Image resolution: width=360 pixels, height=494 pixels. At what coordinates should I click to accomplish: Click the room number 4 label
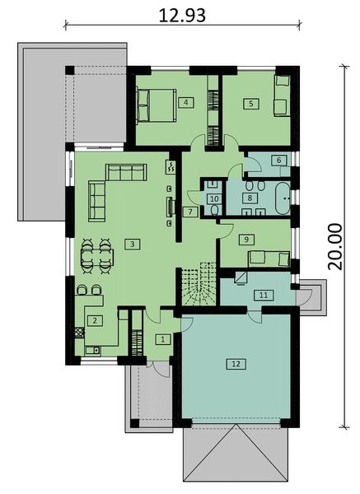click(187, 102)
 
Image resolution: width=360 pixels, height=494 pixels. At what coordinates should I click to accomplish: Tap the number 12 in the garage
click(235, 363)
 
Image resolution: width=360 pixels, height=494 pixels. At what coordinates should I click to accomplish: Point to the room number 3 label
click(129, 245)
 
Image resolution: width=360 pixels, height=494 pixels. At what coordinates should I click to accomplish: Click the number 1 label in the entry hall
click(162, 338)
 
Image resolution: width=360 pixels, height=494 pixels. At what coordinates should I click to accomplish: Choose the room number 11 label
click(263, 294)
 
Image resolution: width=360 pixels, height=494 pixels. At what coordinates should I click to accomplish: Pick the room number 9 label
click(245, 239)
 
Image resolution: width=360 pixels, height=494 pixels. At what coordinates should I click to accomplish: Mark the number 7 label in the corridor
click(189, 212)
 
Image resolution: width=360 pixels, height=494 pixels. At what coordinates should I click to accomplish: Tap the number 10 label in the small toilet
click(213, 198)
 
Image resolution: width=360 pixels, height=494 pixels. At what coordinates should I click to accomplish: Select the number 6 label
click(279, 160)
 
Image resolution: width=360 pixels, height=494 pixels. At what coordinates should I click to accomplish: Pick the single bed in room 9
click(268, 258)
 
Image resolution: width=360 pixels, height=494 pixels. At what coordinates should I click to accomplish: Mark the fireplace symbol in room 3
click(171, 206)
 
